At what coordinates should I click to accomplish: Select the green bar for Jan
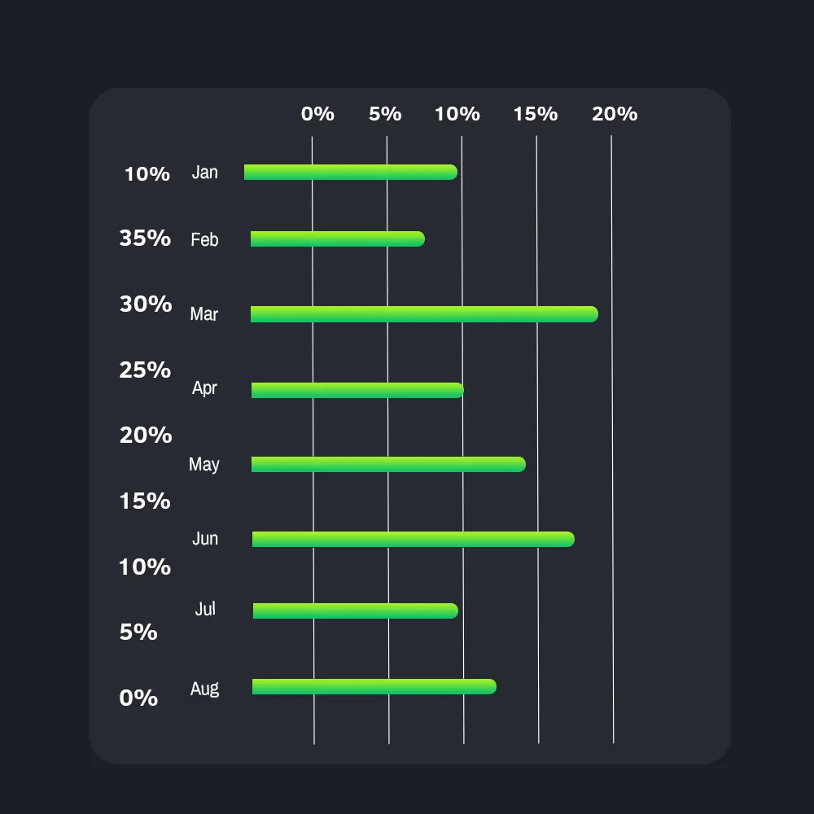pos(350,172)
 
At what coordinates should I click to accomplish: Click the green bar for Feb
pos(337,239)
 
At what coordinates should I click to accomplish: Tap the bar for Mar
pos(423,314)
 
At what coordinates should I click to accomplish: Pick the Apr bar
pos(357,390)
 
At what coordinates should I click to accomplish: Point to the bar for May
pos(387,465)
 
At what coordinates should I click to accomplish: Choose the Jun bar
pos(413,539)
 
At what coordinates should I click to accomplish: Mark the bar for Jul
pos(355,610)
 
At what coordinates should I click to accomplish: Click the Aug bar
pos(374,686)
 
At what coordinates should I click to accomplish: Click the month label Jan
pos(205,173)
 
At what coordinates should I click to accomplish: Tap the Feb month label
pos(204,240)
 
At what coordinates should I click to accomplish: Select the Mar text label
pos(203,314)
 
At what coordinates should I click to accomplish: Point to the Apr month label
pos(204,388)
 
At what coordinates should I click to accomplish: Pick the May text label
pos(203,465)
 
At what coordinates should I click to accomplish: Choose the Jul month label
pos(205,609)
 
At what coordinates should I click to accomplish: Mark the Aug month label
pos(204,689)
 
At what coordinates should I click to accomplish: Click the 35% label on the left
pos(145,239)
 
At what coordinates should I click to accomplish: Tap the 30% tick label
pos(146,304)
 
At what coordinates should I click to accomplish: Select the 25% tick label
pos(145,370)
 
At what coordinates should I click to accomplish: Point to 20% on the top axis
pos(615,114)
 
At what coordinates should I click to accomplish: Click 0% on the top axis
pos(317,114)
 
